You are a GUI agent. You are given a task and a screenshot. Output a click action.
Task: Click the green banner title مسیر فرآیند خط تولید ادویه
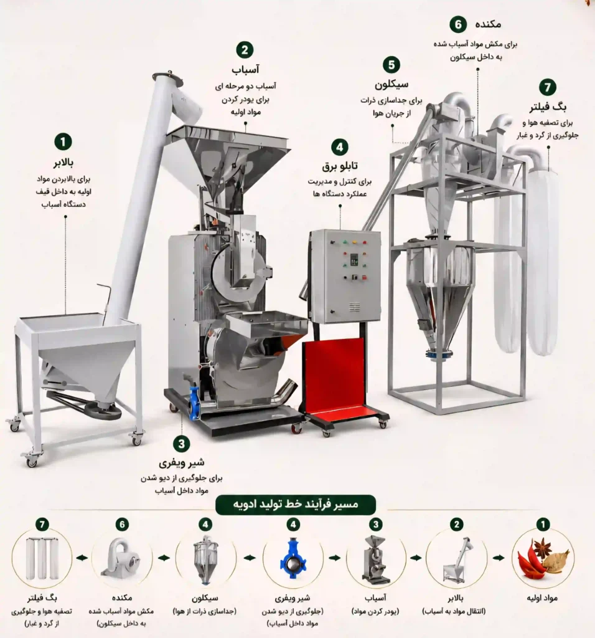(x=296, y=505)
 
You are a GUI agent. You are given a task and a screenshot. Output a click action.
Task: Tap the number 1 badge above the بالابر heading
(x=63, y=142)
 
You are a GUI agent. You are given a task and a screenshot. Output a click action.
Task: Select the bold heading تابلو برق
(x=340, y=166)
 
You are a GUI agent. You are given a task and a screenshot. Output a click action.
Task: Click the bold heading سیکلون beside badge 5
(x=391, y=84)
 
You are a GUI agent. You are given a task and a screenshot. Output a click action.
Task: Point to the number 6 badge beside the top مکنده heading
(x=458, y=25)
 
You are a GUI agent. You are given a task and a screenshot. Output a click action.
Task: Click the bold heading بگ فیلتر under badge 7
(x=548, y=107)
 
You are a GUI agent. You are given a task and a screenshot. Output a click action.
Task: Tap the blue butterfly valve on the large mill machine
(x=195, y=402)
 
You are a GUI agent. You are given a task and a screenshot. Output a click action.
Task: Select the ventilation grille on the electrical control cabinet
(x=354, y=307)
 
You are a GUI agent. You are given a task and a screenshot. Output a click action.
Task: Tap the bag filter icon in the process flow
(x=42, y=558)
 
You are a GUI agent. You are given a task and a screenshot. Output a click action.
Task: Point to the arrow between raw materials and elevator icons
(x=499, y=558)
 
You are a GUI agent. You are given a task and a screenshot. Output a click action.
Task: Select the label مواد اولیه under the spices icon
(x=542, y=598)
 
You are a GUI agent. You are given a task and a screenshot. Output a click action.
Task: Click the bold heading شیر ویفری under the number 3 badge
(x=181, y=463)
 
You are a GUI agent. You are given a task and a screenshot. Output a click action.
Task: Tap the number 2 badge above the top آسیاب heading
(x=245, y=50)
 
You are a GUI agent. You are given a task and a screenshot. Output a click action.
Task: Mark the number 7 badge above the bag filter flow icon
(x=42, y=525)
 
